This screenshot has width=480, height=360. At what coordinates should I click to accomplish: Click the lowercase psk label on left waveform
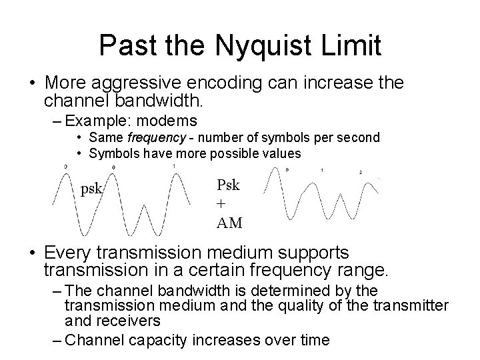91,189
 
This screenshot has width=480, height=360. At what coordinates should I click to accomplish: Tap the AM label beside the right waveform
229,223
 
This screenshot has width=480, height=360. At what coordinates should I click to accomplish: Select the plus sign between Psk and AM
221,204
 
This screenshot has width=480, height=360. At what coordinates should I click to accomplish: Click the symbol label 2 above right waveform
360,172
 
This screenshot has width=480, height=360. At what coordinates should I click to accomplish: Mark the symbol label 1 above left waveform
174,165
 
